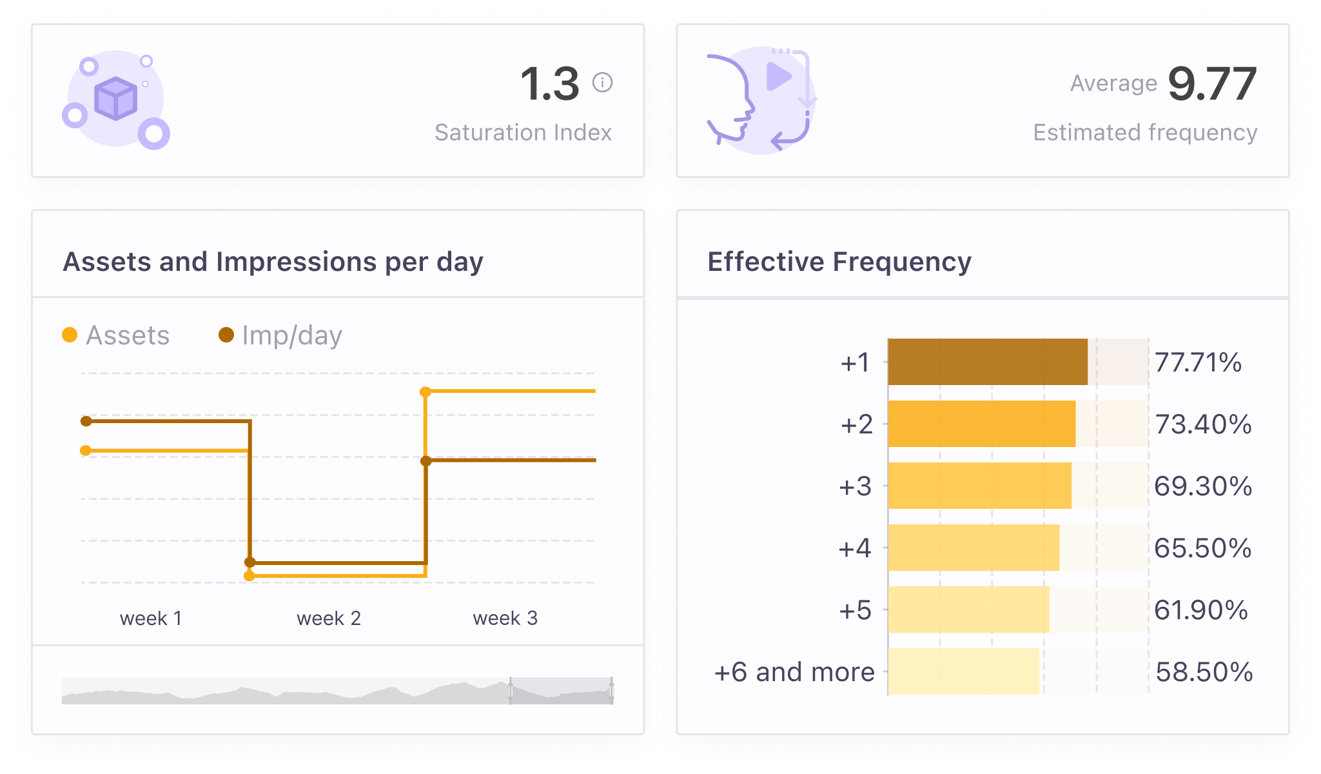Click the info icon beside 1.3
(602, 83)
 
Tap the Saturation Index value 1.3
(550, 84)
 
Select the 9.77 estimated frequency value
(1211, 84)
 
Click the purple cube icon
(116, 99)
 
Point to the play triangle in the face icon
(778, 77)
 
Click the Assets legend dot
(70, 335)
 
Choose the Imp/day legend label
(291, 335)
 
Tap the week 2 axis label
(328, 618)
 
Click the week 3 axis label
(505, 618)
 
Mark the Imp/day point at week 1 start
(86, 421)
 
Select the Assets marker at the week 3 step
(426, 392)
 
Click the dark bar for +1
(987, 362)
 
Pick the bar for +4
(973, 548)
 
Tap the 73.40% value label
(1203, 424)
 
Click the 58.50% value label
(1204, 672)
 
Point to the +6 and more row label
(794, 672)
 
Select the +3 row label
(855, 486)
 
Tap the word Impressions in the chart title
(296, 262)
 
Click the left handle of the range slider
(511, 691)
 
